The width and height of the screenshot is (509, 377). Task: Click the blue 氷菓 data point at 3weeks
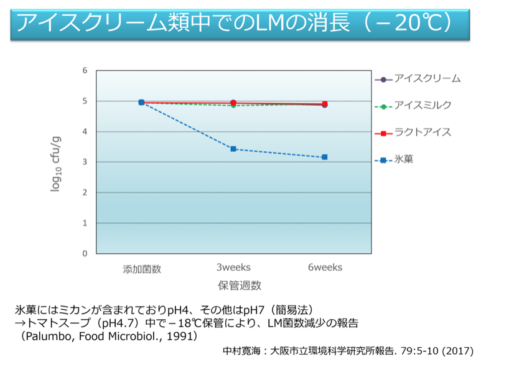click(233, 149)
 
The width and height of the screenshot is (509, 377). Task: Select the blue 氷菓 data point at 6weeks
click(324, 157)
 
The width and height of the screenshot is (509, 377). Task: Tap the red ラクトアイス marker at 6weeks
click(324, 104)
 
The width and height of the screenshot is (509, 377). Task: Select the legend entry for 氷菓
click(404, 160)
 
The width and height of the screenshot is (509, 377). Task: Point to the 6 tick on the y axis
click(85, 70)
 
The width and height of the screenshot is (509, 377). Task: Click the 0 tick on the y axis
click(85, 254)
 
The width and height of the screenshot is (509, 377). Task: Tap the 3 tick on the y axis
click(85, 162)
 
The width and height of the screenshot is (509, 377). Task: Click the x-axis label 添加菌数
click(142, 269)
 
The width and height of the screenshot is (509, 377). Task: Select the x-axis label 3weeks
click(233, 268)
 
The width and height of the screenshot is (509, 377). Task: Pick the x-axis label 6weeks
click(325, 268)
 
